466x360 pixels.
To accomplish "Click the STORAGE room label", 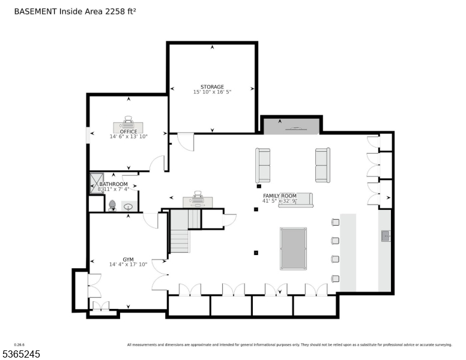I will (x=212, y=87).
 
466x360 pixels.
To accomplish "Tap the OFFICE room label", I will (x=129, y=131).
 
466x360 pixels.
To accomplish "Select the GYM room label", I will (x=129, y=259).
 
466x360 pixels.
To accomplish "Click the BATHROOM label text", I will (x=113, y=184).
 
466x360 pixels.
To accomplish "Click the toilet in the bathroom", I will (x=112, y=205).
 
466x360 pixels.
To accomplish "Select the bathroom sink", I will (x=128, y=207).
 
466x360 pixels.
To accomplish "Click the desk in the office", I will (x=129, y=126).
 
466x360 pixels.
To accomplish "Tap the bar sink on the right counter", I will (x=385, y=236).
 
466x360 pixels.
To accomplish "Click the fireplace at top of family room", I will (x=291, y=126).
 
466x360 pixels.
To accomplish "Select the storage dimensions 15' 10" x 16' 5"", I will (x=212, y=92).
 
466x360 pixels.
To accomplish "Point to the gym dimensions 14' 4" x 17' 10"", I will (x=129, y=265).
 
